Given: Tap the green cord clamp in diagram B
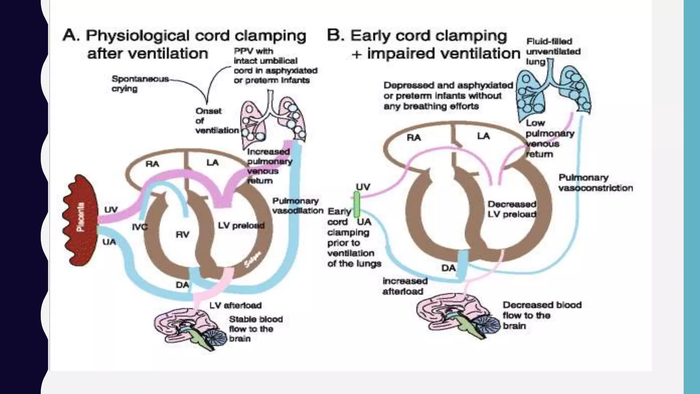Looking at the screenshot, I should [356, 204].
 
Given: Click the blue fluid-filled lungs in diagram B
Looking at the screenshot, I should [553, 90].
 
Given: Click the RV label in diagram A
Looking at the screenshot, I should [182, 235].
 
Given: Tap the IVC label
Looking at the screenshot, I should [139, 227].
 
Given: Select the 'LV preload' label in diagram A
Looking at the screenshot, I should [241, 226].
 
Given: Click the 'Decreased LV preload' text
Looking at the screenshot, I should [512, 209].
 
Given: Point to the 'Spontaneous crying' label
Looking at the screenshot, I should [140, 84].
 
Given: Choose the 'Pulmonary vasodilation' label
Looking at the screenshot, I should [297, 206].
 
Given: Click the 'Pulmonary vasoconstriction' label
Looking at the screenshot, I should [595, 183].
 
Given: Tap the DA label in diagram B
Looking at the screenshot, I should [448, 268].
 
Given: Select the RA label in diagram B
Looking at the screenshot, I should [413, 137].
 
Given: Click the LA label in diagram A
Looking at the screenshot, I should [212, 162].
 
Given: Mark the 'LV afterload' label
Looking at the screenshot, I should [235, 305].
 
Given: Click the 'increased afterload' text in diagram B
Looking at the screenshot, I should [404, 286].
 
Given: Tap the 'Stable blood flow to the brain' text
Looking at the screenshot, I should [255, 329].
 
